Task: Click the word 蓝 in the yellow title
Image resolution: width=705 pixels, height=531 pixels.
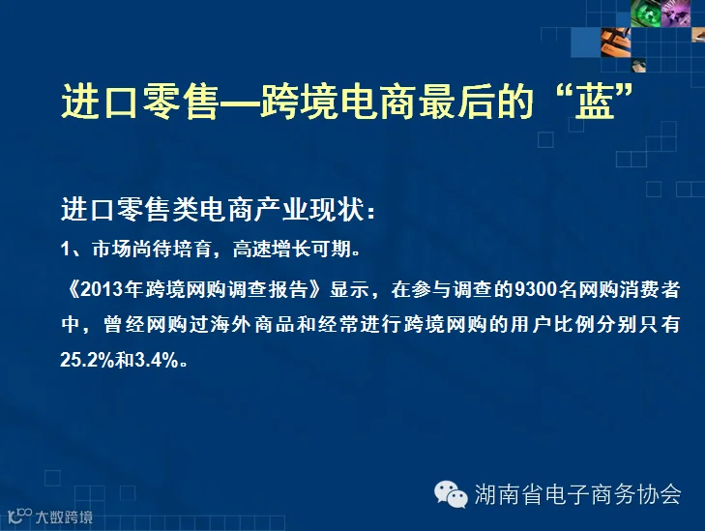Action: pos(595,102)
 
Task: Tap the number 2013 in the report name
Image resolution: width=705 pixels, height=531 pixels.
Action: pos(103,290)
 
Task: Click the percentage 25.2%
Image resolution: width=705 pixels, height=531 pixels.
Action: pos(87,360)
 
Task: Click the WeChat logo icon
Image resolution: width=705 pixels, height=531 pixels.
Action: pos(451,494)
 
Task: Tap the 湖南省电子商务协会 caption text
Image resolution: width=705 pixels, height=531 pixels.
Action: pos(577,494)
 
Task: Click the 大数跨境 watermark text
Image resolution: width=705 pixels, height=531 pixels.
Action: pos(64,517)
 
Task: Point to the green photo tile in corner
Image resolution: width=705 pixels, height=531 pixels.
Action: pos(645,13)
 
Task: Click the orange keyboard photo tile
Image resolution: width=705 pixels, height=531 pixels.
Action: pos(616,43)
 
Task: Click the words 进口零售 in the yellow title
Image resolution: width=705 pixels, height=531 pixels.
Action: pos(139,102)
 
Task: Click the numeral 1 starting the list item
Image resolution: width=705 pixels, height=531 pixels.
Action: pos(66,249)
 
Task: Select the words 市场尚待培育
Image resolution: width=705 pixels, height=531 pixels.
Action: pos(152,249)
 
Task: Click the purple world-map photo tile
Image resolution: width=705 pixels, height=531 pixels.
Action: pos(675,13)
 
